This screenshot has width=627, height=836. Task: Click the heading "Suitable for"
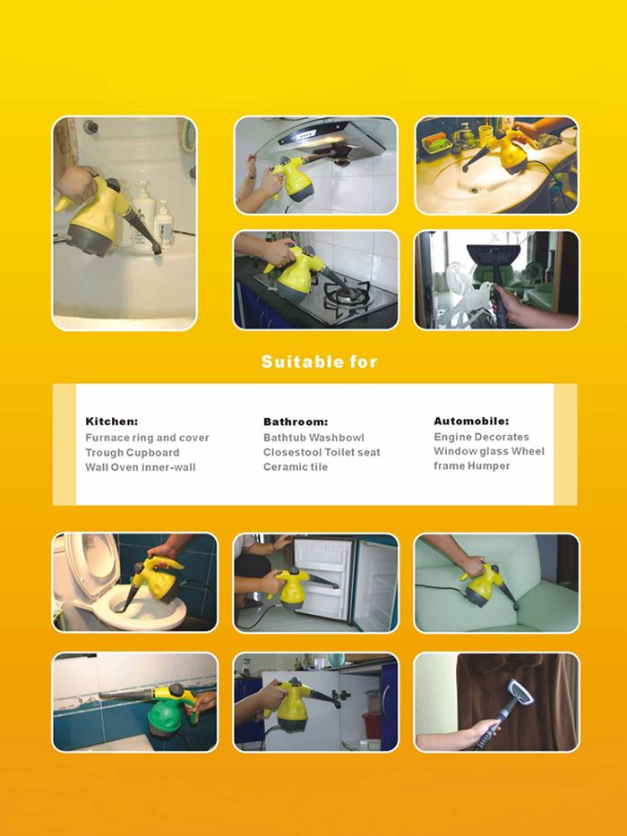click(x=319, y=362)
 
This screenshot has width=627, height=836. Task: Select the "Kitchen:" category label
click(x=112, y=422)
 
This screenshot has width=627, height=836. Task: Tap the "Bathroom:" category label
click(x=296, y=422)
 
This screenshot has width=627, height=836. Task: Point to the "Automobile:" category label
click(x=471, y=421)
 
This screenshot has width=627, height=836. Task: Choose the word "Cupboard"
click(x=154, y=453)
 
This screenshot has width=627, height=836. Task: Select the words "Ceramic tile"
click(x=296, y=466)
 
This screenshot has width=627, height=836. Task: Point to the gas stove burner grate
click(x=347, y=296)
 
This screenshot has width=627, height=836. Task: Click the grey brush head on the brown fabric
click(x=520, y=692)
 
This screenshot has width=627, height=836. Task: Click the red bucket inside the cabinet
click(x=372, y=725)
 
